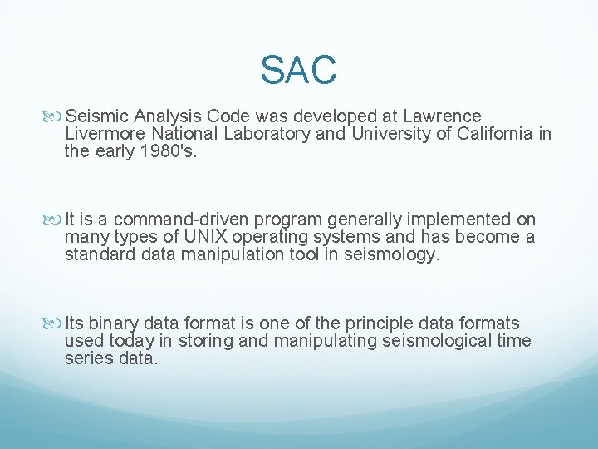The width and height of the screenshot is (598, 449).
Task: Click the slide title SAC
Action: tap(298, 70)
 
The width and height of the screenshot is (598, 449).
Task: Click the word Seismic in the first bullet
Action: tap(91, 116)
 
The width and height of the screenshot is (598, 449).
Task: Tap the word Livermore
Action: tap(100, 134)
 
